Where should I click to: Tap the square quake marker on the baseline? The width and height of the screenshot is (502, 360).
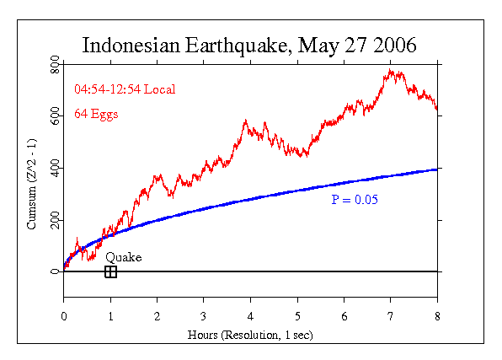110,271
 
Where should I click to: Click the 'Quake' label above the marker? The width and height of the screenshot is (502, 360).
124,257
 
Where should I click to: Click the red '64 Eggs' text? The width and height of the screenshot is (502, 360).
96,113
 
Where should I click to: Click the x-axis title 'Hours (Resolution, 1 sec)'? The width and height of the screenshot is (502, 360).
250,335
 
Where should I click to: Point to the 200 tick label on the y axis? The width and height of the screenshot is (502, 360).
55,221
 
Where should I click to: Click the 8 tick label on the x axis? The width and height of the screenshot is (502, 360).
437,316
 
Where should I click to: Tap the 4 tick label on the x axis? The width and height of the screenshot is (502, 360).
250,316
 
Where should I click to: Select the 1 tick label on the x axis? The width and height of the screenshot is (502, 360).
110,316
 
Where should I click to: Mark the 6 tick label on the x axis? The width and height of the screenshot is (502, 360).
344,316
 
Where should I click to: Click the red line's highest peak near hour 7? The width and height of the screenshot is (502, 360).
390,71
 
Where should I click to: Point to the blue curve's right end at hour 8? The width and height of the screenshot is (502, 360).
436,169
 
